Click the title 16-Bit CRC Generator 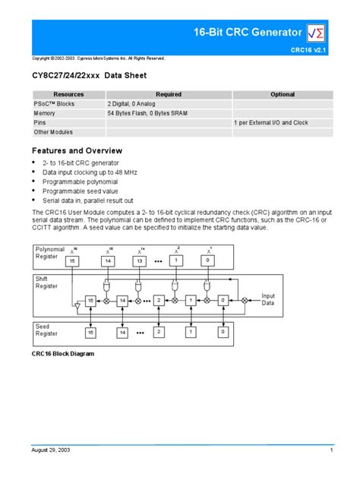tap(246, 32)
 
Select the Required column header tap(169, 95)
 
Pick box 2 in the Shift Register tap(159, 301)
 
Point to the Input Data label tap(269, 299)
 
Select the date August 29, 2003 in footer tap(51, 451)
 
